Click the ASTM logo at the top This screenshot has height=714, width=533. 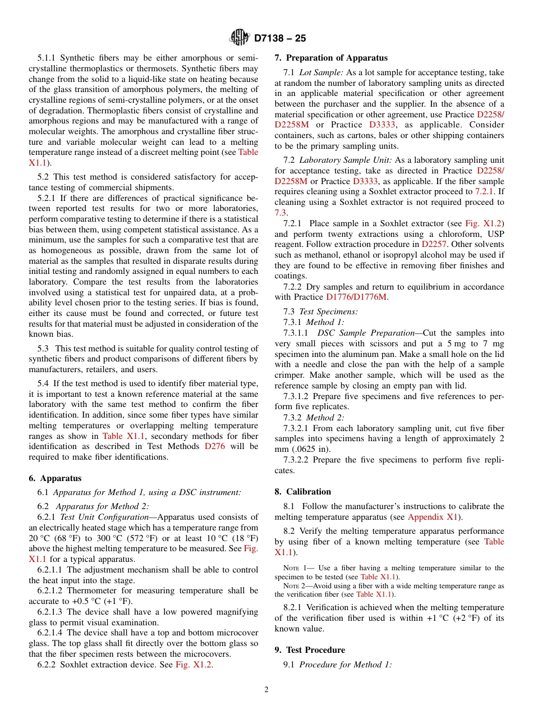[x=240, y=38]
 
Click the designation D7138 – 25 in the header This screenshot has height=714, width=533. [x=280, y=39]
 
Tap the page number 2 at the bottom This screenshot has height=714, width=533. [x=266, y=689]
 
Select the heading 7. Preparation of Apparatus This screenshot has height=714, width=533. [x=330, y=58]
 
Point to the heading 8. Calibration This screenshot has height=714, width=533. [x=302, y=491]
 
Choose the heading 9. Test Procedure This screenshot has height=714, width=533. [x=310, y=649]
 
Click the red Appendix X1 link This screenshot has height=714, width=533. [x=434, y=517]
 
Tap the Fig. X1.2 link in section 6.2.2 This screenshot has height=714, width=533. [x=194, y=665]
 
